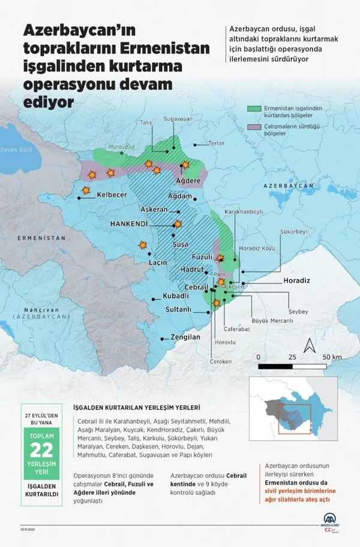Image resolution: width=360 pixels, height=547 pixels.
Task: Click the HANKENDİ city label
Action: [x=129, y=223]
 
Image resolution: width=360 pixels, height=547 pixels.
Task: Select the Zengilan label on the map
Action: [x=185, y=337]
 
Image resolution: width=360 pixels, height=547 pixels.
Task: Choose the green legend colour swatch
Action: [x=254, y=109]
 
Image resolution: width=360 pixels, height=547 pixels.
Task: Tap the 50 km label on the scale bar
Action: [x=332, y=357]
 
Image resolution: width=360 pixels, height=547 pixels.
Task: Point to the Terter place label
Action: [x=216, y=144]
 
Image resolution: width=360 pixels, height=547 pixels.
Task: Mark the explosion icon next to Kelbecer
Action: [x=85, y=190]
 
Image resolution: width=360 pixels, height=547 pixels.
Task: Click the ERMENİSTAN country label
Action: [x=41, y=238]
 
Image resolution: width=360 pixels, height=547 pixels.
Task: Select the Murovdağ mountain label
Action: [x=119, y=146]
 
